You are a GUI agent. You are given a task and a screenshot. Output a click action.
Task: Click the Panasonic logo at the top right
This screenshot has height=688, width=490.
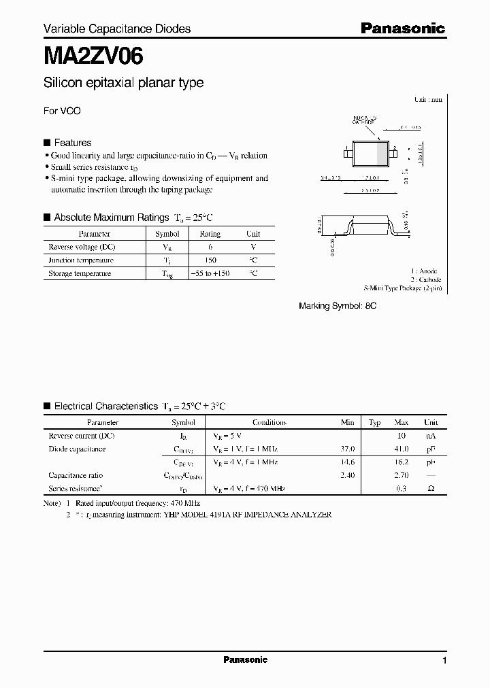pyautogui.click(x=402, y=28)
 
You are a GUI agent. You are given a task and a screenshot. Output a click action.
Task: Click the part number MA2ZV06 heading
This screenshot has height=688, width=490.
pyautogui.click(x=93, y=56)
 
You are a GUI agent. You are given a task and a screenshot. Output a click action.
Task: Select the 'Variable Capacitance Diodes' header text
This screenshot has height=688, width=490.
pyautogui.click(x=117, y=29)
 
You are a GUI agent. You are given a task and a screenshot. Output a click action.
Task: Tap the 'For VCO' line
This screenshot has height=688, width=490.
pyautogui.click(x=62, y=111)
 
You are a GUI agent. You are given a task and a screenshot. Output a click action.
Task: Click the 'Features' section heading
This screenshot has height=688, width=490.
pyautogui.click(x=72, y=143)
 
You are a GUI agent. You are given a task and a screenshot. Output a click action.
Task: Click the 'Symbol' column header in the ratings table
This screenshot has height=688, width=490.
pyautogui.click(x=167, y=234)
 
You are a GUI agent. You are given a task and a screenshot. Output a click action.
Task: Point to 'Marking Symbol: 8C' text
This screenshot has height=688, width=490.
pyautogui.click(x=338, y=307)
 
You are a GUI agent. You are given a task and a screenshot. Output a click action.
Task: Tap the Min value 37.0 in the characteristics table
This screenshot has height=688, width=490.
pyautogui.click(x=347, y=449)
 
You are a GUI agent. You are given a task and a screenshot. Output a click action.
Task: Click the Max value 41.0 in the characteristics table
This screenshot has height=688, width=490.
pyautogui.click(x=401, y=449)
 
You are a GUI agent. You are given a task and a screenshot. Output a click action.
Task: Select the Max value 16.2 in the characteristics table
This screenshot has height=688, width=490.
pyautogui.click(x=401, y=462)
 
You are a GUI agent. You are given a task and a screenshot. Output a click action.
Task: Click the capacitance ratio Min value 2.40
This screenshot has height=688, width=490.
pyautogui.click(x=347, y=476)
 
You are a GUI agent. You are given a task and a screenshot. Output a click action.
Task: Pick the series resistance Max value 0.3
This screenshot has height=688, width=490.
pyautogui.click(x=402, y=489)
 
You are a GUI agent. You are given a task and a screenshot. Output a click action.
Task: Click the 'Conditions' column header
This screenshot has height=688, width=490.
pyautogui.click(x=269, y=422)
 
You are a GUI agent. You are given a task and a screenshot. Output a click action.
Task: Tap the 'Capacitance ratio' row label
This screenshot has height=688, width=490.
pyautogui.click(x=76, y=476)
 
